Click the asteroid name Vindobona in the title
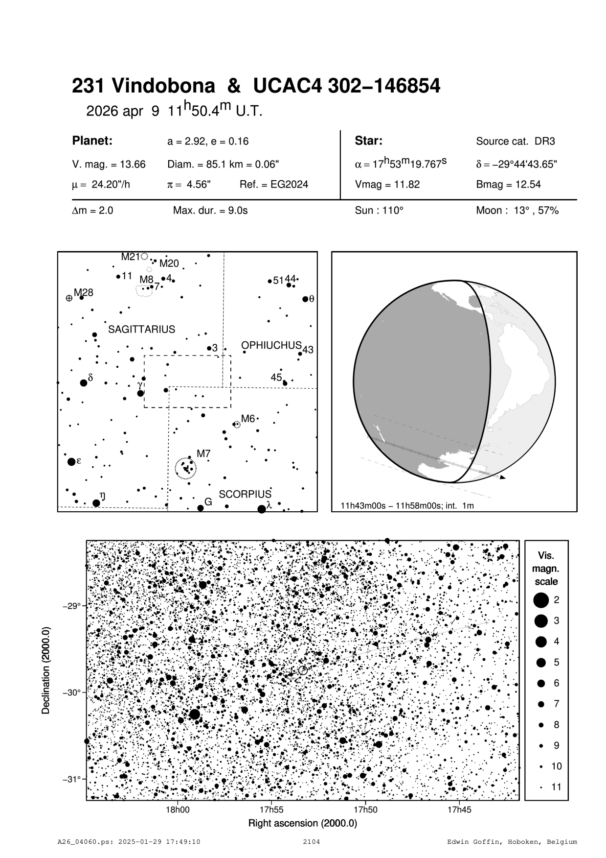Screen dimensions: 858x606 pos(163,86)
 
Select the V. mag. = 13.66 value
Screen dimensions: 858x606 pos(109,165)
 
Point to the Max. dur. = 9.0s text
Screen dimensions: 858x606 pos(210,211)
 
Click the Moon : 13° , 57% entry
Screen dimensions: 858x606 pos(517,211)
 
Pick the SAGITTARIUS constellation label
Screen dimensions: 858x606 pos(141,329)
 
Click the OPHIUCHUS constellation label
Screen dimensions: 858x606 pos(271,345)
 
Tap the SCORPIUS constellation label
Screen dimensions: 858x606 pos(245,494)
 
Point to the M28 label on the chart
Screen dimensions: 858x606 pos(83,293)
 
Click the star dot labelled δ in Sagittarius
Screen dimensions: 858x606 pos(84,382)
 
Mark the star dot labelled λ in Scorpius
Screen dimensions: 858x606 pos(262,509)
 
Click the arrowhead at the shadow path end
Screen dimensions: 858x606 pos(503,476)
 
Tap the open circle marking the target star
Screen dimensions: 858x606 pos(303,670)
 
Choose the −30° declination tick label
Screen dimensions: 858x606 pos(71,692)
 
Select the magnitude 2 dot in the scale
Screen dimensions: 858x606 pos(541,600)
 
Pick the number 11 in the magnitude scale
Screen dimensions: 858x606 pos(557,787)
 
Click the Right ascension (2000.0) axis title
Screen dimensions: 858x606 pos(303,823)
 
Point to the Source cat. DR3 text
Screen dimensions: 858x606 pos(516,142)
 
